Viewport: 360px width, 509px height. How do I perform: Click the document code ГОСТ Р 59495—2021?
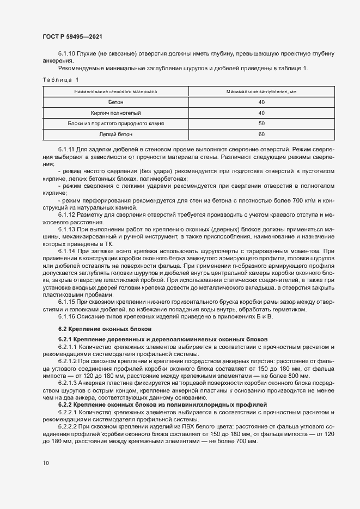pyautogui.click(x=72, y=36)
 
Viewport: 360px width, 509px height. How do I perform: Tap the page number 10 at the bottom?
pyautogui.click(x=45, y=463)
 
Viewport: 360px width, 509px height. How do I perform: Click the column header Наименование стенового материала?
pyautogui.click(x=115, y=92)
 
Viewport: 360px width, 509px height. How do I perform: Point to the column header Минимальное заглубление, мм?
pyautogui.click(x=261, y=92)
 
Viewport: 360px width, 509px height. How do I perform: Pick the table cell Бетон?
pyautogui.click(x=115, y=102)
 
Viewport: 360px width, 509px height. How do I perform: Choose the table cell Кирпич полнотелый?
pyautogui.click(x=115, y=113)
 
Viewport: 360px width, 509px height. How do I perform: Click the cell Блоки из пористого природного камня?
pyautogui.click(x=115, y=124)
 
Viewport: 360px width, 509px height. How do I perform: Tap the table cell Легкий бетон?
pyautogui.click(x=115, y=134)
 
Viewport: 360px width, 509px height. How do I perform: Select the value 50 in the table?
pyautogui.click(x=261, y=124)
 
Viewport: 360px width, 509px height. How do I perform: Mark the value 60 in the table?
pyautogui.click(x=261, y=134)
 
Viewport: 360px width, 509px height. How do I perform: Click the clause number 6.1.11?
pyautogui.click(x=66, y=149)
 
